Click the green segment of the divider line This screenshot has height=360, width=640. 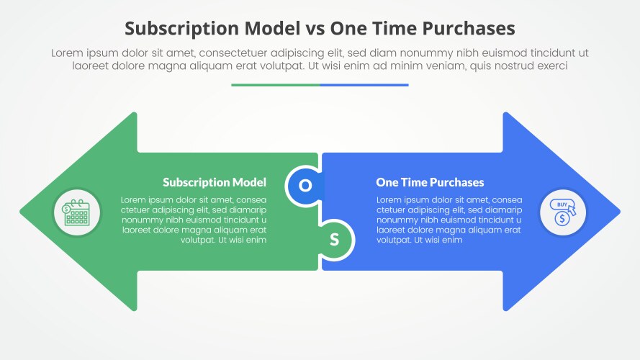(x=276, y=85)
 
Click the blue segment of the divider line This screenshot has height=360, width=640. (x=364, y=85)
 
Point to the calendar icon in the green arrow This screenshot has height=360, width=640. (x=76, y=212)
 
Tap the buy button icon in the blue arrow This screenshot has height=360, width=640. (x=563, y=212)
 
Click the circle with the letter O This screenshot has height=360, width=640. (x=305, y=186)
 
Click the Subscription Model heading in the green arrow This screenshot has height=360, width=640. (x=215, y=183)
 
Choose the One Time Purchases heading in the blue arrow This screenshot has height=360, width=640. (x=430, y=183)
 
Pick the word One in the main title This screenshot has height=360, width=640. (x=348, y=28)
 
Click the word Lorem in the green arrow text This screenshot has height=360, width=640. (x=135, y=199)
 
